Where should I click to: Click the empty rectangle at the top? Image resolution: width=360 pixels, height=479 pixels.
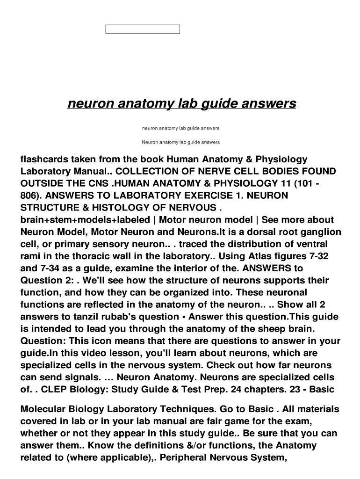tap(143, 29)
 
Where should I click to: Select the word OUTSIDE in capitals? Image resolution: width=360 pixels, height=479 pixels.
tap(42, 183)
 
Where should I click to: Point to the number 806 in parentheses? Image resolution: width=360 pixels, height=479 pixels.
tap(29, 196)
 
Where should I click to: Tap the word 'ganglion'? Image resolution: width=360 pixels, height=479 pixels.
tap(322, 232)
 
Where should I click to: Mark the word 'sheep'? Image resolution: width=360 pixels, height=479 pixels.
tap(284, 329)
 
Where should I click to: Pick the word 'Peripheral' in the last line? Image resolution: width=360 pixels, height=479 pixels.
tap(187, 458)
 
